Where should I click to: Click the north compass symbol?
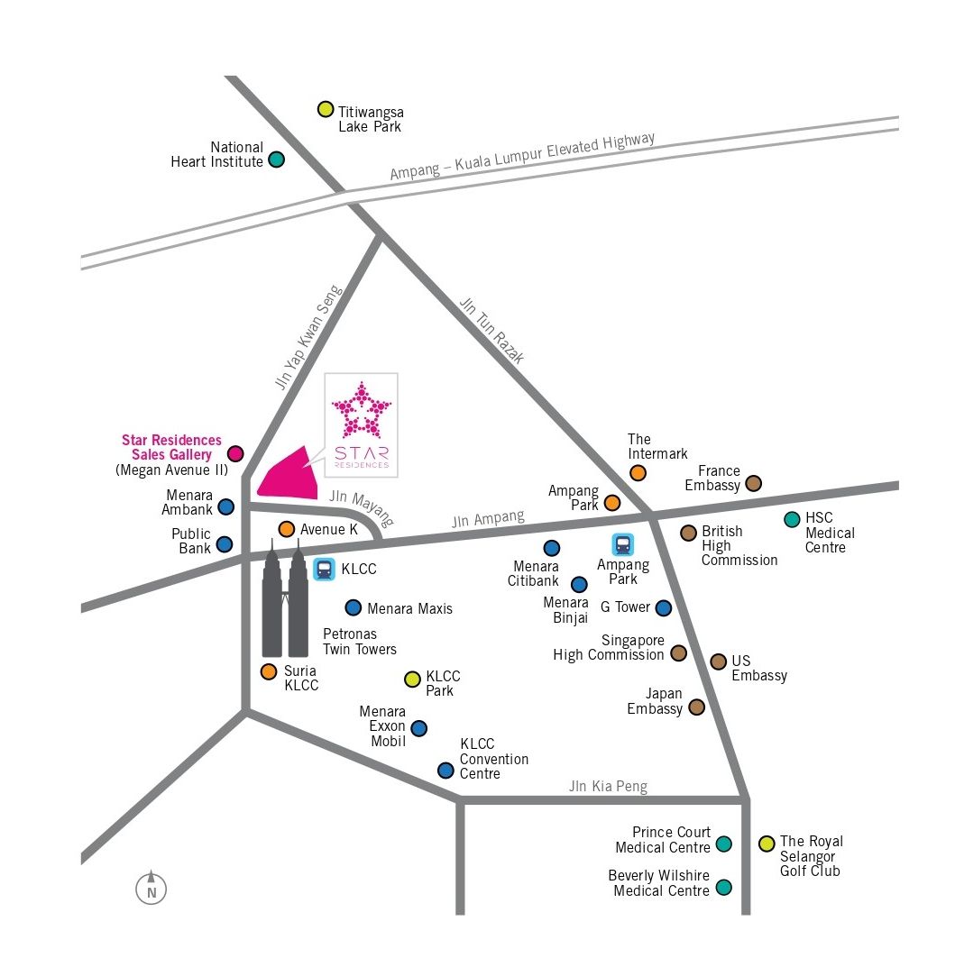pos(152,889)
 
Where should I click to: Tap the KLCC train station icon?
pos(324,570)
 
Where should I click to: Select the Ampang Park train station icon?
pos(623,544)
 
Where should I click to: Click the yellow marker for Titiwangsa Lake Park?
pos(326,110)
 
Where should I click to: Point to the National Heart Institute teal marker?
pos(277,160)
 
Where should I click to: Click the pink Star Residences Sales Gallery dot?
pos(235,453)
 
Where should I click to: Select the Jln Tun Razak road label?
pos(491,330)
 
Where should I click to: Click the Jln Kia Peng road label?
pos(608,787)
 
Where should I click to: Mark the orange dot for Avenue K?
pos(287,529)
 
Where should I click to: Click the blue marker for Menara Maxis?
pos(353,608)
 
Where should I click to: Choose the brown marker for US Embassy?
pos(718,662)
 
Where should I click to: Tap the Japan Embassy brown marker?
pos(696,707)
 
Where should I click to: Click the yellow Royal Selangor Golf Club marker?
pos(767,844)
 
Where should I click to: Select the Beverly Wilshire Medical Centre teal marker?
pos(723,888)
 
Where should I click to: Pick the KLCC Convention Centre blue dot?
pos(445,771)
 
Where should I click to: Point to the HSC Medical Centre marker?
pos(792,519)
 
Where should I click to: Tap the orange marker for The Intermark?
pos(638,472)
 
